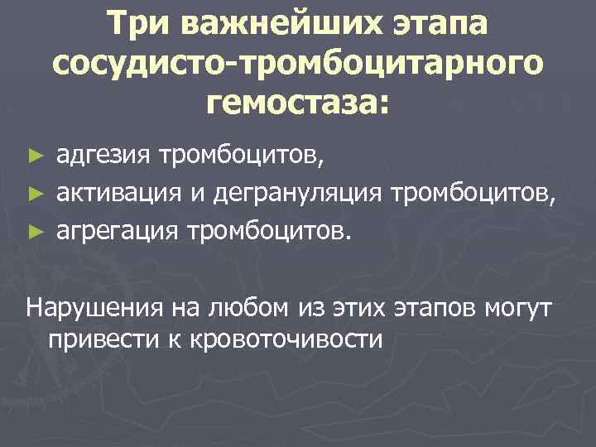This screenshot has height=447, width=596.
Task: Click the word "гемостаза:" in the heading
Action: tap(299, 103)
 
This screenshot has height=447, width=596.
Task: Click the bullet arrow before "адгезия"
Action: tap(34, 155)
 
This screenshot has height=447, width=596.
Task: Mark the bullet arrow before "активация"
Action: tap(34, 193)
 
